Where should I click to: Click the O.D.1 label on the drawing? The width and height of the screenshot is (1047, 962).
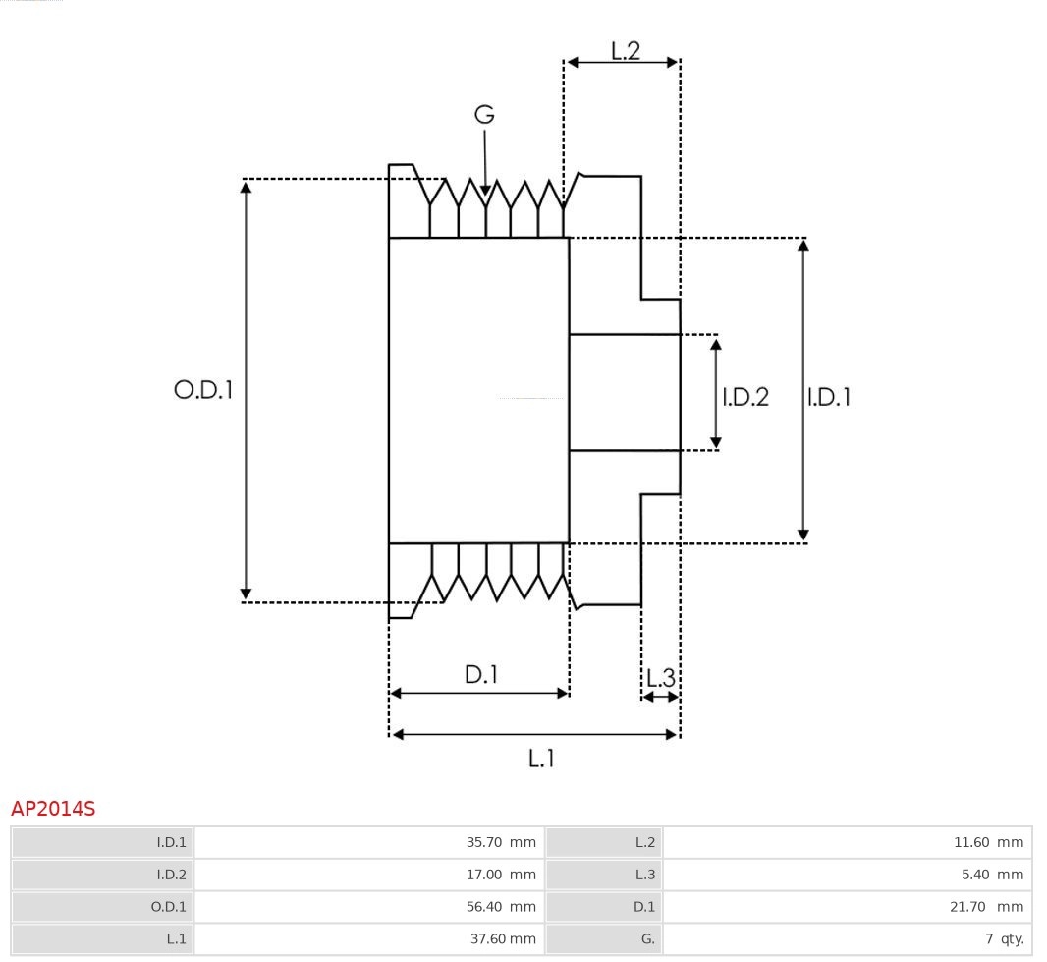tap(203, 390)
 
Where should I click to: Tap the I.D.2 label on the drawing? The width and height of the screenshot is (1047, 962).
tap(745, 397)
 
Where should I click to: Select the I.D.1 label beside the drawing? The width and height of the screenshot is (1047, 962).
tap(829, 397)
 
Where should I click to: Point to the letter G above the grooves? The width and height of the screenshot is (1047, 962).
tap(484, 115)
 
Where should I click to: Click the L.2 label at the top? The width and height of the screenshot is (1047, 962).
tap(625, 51)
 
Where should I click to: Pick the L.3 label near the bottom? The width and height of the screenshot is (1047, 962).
tap(660, 678)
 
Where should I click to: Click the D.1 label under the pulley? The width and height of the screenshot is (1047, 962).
tap(481, 675)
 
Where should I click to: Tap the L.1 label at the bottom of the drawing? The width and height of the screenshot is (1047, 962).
tap(541, 759)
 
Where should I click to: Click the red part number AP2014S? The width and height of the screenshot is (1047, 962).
tap(53, 809)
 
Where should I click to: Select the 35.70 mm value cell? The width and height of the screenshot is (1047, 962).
tap(501, 842)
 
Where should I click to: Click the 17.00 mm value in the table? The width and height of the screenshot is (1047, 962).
tap(501, 875)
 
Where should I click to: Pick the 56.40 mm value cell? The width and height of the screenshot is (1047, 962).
tap(501, 907)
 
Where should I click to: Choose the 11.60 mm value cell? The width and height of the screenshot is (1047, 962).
tap(988, 842)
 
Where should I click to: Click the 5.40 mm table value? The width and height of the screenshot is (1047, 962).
tap(992, 875)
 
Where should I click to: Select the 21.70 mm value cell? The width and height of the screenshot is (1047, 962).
tap(986, 907)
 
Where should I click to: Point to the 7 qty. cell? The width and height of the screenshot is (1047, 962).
tap(1004, 939)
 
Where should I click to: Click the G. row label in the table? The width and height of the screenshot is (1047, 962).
tap(647, 939)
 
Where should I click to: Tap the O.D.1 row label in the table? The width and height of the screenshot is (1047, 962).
tap(168, 907)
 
